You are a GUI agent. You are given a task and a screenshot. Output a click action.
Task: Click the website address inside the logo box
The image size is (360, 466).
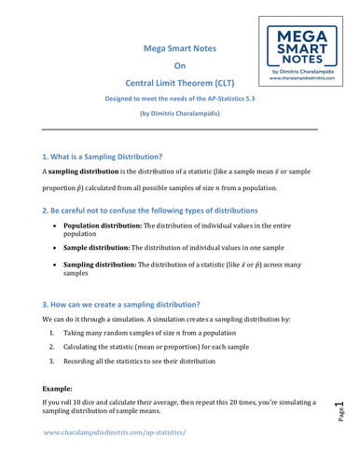307,79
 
